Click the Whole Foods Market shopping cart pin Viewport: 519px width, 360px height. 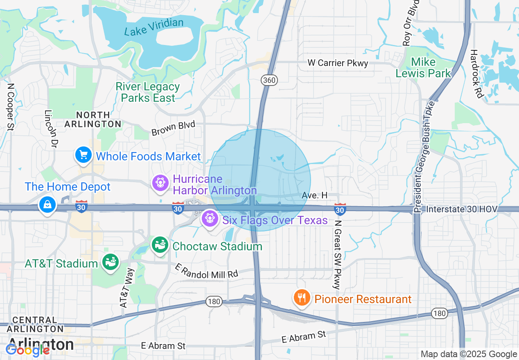click(83, 155)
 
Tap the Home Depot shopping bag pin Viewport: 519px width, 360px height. click(48, 204)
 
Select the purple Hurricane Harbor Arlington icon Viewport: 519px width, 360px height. click(160, 182)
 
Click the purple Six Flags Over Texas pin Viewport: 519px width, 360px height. click(210, 218)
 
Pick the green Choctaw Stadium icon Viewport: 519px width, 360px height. click(160, 245)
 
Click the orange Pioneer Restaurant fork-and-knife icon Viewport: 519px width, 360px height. click(302, 298)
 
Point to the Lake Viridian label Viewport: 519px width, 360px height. click(154, 27)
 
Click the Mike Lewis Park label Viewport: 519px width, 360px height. click(423, 68)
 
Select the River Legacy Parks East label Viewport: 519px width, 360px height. click(148, 92)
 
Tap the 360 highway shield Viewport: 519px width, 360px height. click(269, 80)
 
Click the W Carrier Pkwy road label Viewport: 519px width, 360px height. click(338, 63)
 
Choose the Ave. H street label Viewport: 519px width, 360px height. click(314, 196)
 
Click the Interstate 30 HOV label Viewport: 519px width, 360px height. click(462, 209)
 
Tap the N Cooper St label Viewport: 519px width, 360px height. click(10, 107)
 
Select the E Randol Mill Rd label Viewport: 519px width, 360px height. click(206, 272)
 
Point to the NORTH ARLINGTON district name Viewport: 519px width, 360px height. click(93, 119)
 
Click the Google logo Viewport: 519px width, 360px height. click(27, 350)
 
